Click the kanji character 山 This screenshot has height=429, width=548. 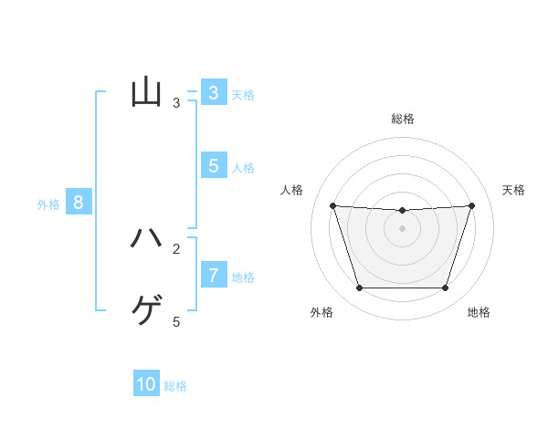pyautogui.click(x=146, y=92)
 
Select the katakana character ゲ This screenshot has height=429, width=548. pyautogui.click(x=146, y=311)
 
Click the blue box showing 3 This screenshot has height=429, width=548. pyautogui.click(x=214, y=93)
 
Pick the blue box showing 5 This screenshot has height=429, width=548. pyautogui.click(x=214, y=166)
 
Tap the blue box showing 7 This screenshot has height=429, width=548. pyautogui.click(x=214, y=275)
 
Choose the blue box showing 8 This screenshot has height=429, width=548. pyautogui.click(x=79, y=203)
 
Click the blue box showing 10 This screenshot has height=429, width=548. pyautogui.click(x=146, y=384)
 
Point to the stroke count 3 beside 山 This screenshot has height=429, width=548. pyautogui.click(x=176, y=103)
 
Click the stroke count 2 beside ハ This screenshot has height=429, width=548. pyautogui.click(x=176, y=248)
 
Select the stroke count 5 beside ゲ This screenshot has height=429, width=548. pyautogui.click(x=176, y=321)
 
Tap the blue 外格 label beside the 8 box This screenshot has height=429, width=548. pyautogui.click(x=48, y=204)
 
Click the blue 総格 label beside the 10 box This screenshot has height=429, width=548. pyautogui.click(x=175, y=386)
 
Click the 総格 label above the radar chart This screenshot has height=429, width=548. pyautogui.click(x=403, y=119)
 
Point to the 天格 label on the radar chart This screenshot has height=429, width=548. pyautogui.click(x=514, y=190)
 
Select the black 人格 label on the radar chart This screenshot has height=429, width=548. pyautogui.click(x=291, y=190)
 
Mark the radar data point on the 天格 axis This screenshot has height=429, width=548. pyautogui.click(x=472, y=205)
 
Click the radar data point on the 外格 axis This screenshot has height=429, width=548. pyautogui.click(x=359, y=288)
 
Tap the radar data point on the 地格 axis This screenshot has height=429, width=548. pyautogui.click(x=446, y=288)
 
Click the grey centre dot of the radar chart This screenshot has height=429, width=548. pyautogui.click(x=403, y=228)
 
